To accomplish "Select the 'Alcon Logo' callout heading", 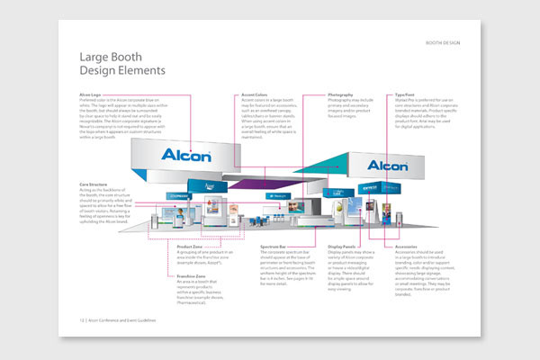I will tap(91, 94).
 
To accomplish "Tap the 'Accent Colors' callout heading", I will tap(256, 94).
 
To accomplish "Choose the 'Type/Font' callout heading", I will tap(405, 94).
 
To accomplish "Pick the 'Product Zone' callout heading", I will tap(190, 246).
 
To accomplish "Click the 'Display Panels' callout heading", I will tap(342, 246).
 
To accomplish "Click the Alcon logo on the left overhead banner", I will tap(185, 155).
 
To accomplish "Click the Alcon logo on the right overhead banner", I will tap(387, 166).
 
